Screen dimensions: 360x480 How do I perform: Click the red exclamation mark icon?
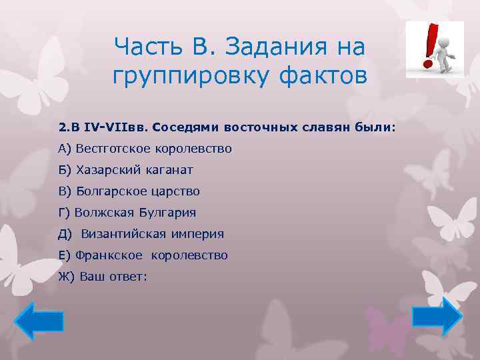431,47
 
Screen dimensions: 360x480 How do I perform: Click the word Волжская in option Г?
103,213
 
